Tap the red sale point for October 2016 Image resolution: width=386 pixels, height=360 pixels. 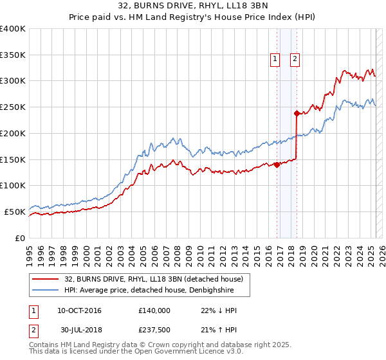coord(277,165)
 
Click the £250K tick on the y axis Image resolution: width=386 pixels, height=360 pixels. coord(13,107)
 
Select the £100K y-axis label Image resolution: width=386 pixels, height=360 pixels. coord(13,185)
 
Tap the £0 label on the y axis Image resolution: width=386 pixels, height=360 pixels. coord(19,238)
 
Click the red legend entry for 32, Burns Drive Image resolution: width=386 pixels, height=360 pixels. coord(153,279)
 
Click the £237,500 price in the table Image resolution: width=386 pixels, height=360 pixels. coord(154,330)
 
